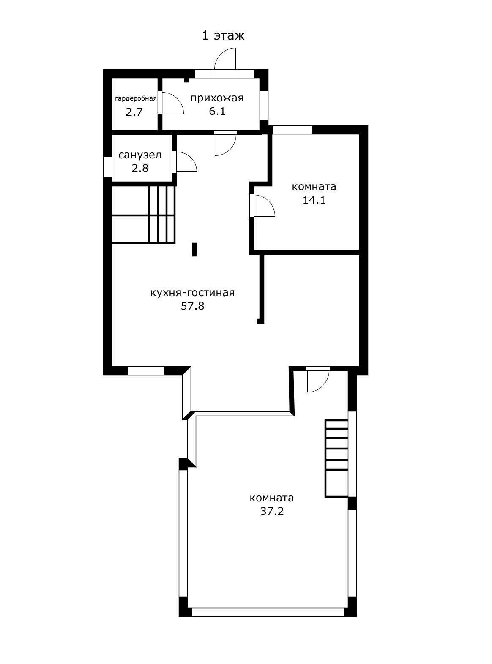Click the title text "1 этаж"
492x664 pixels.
point(223,35)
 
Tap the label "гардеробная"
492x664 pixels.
point(136,98)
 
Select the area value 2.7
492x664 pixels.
point(134,112)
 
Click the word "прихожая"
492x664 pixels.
point(217,98)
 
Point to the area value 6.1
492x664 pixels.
point(217,112)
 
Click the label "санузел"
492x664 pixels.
point(140,155)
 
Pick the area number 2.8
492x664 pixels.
point(140,168)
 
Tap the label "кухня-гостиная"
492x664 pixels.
point(192,293)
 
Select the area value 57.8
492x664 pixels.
point(192,306)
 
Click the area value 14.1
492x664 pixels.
point(314,200)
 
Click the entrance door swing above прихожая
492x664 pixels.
point(225,59)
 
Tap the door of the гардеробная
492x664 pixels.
point(171,103)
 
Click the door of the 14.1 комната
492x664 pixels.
point(262,205)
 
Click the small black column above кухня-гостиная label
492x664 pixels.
point(194,249)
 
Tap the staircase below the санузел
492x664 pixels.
point(143,214)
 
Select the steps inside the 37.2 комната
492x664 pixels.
point(336,459)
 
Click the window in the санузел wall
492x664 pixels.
point(107,167)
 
